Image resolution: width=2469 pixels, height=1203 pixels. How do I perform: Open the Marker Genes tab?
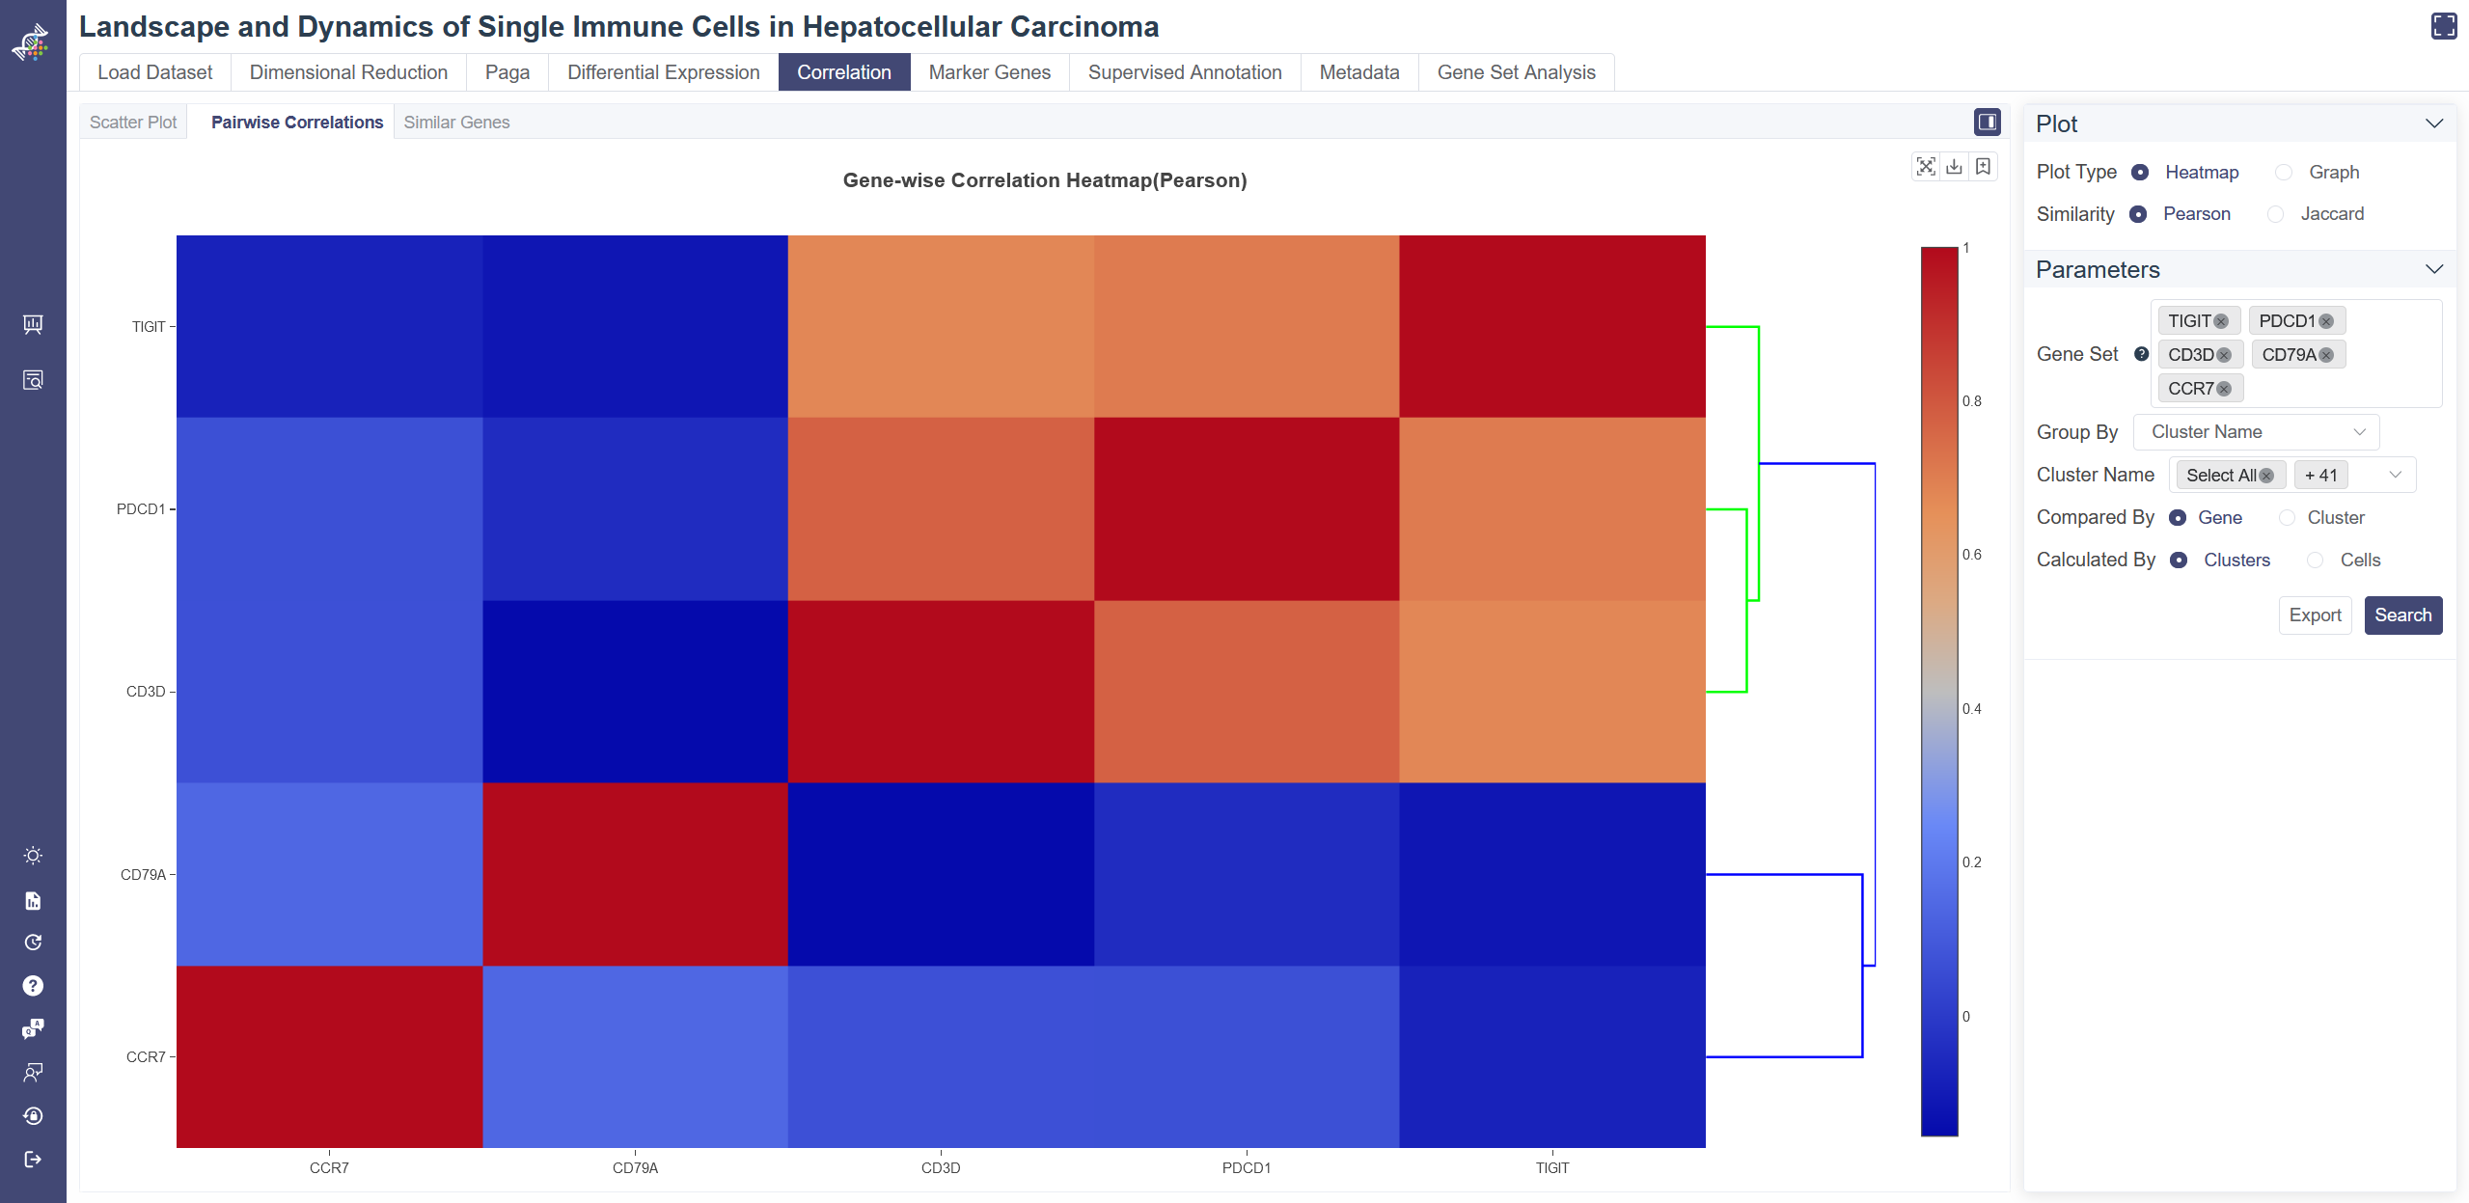pyautogui.click(x=989, y=72)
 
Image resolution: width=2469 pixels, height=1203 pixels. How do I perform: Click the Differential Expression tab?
pyautogui.click(x=663, y=72)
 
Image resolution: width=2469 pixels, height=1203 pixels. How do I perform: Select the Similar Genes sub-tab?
pyautogui.click(x=456, y=123)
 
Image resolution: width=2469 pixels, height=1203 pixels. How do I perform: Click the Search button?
pyautogui.click(x=2401, y=615)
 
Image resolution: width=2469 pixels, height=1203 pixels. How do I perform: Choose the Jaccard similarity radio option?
pyautogui.click(x=2275, y=214)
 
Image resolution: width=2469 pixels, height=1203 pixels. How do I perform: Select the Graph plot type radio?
pyautogui.click(x=2283, y=173)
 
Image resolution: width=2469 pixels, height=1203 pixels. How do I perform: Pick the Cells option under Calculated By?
pyautogui.click(x=2315, y=560)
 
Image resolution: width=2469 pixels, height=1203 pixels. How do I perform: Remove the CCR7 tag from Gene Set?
pyautogui.click(x=2224, y=389)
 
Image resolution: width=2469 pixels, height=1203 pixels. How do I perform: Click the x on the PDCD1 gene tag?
pyautogui.click(x=2326, y=321)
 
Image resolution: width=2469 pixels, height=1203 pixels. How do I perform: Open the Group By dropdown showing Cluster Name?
pyautogui.click(x=2256, y=432)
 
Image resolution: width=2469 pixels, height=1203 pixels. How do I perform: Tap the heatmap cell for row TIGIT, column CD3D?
pyautogui.click(x=941, y=326)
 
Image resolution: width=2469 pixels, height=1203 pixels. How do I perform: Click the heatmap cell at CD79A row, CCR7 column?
pyautogui.click(x=329, y=874)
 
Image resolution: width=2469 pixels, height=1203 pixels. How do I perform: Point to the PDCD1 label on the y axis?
pyautogui.click(x=141, y=509)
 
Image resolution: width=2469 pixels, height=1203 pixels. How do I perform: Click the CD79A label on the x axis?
pyautogui.click(x=635, y=1168)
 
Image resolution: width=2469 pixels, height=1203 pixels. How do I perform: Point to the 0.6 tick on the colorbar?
pyautogui.click(x=1971, y=555)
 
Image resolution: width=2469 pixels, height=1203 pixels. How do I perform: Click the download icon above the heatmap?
pyautogui.click(x=1954, y=167)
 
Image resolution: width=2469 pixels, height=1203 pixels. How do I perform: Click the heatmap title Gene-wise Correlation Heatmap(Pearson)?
pyautogui.click(x=1044, y=180)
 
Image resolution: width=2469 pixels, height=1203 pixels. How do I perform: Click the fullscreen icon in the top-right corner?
pyautogui.click(x=2444, y=26)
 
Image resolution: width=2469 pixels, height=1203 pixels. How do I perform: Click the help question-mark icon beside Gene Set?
pyautogui.click(x=2141, y=354)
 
